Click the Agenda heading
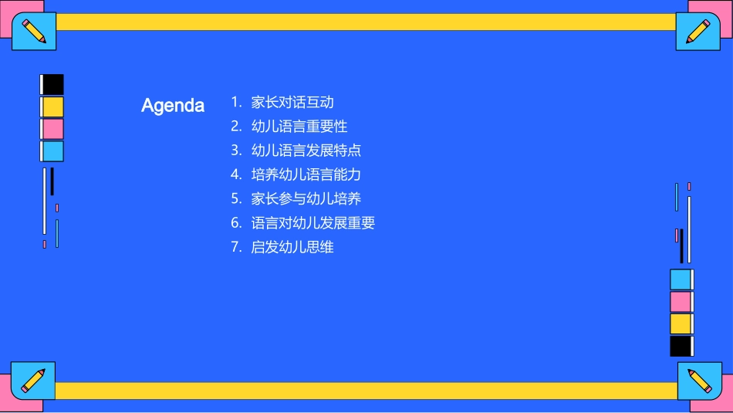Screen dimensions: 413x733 pyautogui.click(x=173, y=106)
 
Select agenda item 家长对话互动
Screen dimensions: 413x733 pyautogui.click(x=292, y=102)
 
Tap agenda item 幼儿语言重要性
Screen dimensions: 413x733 pyautogui.click(x=299, y=126)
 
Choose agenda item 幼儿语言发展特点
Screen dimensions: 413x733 pyautogui.click(x=306, y=150)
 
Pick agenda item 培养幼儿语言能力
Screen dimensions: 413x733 pyautogui.click(x=306, y=174)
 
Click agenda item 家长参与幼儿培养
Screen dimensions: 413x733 pyautogui.click(x=306, y=198)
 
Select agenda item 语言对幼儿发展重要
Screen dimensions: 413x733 pyautogui.click(x=313, y=223)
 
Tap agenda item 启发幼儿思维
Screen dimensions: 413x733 pyautogui.click(x=292, y=247)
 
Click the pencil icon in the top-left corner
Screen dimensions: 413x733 pyautogui.click(x=34, y=32)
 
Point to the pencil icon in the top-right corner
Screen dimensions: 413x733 pyautogui.click(x=698, y=32)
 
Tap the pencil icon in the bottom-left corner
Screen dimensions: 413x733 pyautogui.click(x=33, y=380)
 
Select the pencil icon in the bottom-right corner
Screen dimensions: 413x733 pyautogui.click(x=699, y=381)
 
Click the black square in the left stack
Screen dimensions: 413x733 pyautogui.click(x=52, y=84)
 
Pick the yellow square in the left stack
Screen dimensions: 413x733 pyautogui.click(x=52, y=107)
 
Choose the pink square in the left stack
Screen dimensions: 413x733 pyautogui.click(x=52, y=129)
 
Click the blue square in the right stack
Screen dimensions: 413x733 pyautogui.click(x=681, y=279)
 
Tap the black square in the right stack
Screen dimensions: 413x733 pyautogui.click(x=681, y=346)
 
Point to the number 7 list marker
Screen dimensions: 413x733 pyautogui.click(x=235, y=247)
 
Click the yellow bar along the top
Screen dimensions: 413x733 pyautogui.click(x=366, y=22)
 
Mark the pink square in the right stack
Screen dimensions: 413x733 pyautogui.click(x=681, y=302)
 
